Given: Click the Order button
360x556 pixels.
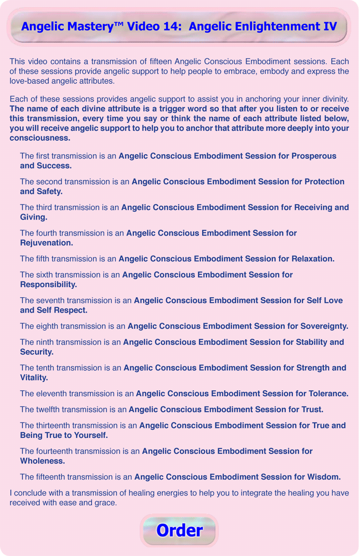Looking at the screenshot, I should [x=179, y=531].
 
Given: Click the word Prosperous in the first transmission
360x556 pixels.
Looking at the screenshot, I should [x=315, y=156].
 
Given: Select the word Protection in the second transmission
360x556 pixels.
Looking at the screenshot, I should [x=322, y=182].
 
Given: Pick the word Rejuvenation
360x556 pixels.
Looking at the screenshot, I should [x=46, y=243].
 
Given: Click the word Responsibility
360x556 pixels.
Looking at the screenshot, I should [x=48, y=284].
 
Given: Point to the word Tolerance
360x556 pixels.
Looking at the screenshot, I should [x=327, y=394].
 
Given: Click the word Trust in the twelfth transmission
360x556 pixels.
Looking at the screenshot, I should [x=312, y=410].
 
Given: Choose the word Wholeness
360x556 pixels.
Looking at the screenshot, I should [x=42, y=461].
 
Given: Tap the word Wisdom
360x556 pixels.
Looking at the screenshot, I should [x=322, y=477].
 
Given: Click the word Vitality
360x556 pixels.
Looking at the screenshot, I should [x=34, y=378].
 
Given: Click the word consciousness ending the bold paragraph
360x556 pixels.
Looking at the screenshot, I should [x=40, y=138].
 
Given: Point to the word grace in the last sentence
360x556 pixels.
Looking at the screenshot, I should [x=106, y=503].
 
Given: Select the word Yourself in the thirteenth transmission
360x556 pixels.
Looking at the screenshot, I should [x=86, y=435].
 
